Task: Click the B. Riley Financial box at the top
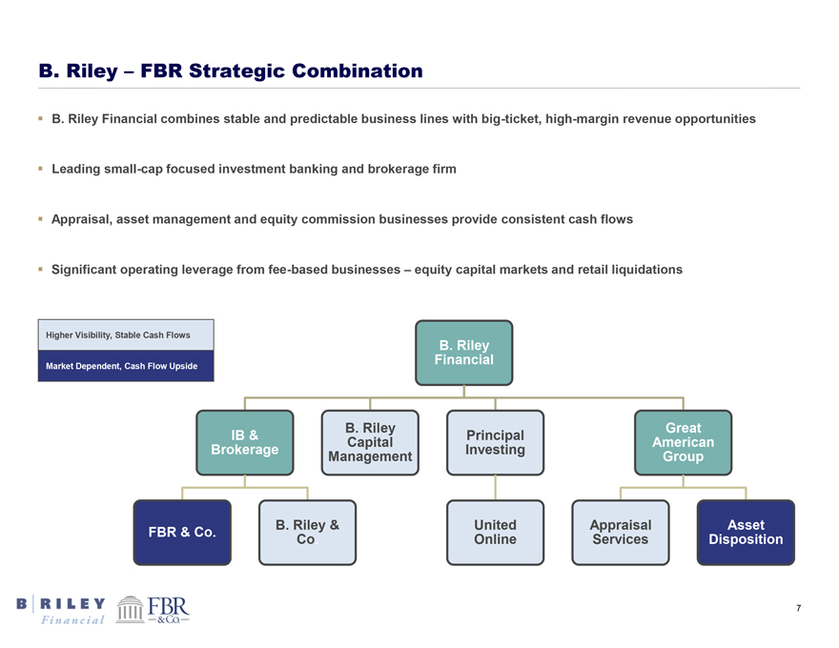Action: (463, 353)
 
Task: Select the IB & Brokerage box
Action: (245, 442)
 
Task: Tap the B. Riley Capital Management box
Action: (369, 442)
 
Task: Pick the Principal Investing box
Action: (495, 442)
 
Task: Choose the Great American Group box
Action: (683, 442)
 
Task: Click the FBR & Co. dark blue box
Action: (182, 532)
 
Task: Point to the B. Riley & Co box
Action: (307, 532)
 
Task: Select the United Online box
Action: (495, 532)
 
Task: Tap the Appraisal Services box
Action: (620, 532)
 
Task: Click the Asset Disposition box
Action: (746, 532)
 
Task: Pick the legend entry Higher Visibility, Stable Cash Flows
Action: (126, 334)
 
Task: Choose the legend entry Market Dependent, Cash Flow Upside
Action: (126, 366)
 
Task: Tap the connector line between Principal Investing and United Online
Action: (495, 487)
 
